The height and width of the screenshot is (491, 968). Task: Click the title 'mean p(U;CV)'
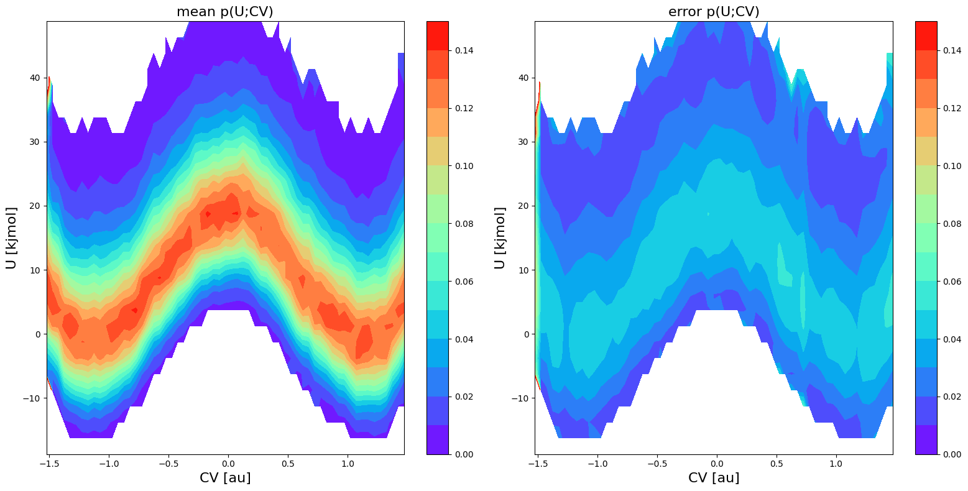pyautogui.click(x=225, y=12)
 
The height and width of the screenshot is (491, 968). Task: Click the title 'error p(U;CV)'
pyautogui.click(x=714, y=12)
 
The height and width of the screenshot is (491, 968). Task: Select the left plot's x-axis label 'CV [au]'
pyautogui.click(x=225, y=477)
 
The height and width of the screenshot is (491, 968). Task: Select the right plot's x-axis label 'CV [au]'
pyautogui.click(x=714, y=477)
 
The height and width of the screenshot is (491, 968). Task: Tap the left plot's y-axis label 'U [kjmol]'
pyautogui.click(x=12, y=238)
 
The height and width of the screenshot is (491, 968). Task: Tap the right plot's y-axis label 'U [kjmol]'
pyautogui.click(x=500, y=238)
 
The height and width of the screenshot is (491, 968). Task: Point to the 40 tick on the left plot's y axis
pyautogui.click(x=35, y=78)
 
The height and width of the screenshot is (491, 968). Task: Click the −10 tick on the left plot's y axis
pyautogui.click(x=32, y=398)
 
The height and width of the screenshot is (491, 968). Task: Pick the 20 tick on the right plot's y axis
pyautogui.click(x=524, y=206)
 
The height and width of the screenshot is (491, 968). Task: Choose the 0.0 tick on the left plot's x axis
pyautogui.click(x=229, y=464)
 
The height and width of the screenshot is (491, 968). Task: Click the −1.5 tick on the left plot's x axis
pyautogui.click(x=49, y=464)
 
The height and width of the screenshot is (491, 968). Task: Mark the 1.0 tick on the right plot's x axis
pyautogui.click(x=837, y=464)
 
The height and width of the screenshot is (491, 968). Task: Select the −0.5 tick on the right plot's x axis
pyautogui.click(x=657, y=464)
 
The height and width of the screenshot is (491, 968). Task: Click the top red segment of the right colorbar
pyautogui.click(x=926, y=35)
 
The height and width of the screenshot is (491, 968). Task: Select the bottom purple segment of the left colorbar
pyautogui.click(x=437, y=440)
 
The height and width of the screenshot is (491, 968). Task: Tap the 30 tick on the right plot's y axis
pyautogui.click(x=524, y=142)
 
